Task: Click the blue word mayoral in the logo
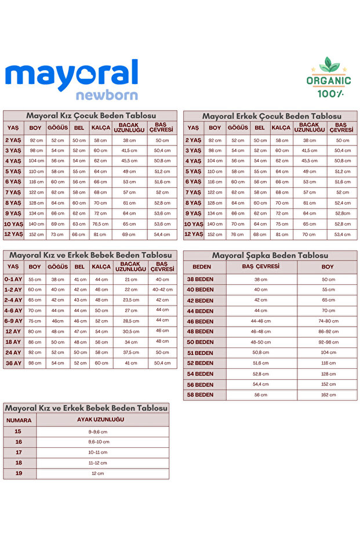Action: click(71, 75)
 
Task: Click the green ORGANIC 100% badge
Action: click(329, 78)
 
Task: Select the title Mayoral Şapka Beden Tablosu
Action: click(270, 255)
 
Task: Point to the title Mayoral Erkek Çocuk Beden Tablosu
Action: click(271, 116)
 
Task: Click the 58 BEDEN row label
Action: click(200, 395)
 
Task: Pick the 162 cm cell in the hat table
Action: click(328, 395)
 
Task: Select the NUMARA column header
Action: click(19, 420)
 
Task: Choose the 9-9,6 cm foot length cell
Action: click(98, 432)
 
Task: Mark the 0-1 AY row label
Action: click(13, 279)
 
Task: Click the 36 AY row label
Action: click(13, 363)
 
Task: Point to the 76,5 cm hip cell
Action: click(100, 224)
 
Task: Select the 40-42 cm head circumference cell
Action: click(162, 289)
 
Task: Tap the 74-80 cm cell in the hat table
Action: click(328, 321)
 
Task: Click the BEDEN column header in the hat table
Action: click(202, 267)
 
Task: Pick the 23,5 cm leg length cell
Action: click(131, 300)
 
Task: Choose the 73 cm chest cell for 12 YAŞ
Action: click(57, 234)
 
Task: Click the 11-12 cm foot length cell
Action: click(98, 463)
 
